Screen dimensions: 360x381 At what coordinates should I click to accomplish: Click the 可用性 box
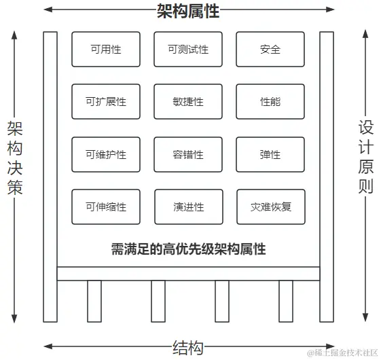coord(105,50)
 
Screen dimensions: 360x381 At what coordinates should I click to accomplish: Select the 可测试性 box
coord(188,50)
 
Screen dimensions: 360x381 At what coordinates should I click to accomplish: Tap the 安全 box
coord(270,50)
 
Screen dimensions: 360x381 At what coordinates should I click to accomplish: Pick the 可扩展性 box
coord(105,102)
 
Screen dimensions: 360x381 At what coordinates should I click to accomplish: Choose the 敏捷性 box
coord(188,102)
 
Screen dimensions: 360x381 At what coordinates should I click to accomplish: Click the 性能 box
coord(270,102)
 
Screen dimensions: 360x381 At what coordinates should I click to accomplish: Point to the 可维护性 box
coord(105,155)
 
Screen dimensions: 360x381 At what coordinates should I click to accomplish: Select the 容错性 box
coord(188,155)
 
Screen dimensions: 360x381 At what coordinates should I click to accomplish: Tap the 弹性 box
coord(270,155)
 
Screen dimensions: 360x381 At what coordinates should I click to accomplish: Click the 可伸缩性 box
coord(105,207)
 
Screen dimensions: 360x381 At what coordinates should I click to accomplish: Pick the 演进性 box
coord(188,207)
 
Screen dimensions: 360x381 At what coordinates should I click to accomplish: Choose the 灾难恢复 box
coord(270,207)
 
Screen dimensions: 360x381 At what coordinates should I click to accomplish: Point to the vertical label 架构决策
coord(15,158)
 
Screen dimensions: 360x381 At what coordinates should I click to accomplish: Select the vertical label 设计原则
coord(366,156)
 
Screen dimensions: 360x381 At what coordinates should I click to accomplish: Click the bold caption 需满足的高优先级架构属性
coord(188,249)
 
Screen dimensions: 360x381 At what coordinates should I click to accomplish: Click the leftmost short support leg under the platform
coord(94,301)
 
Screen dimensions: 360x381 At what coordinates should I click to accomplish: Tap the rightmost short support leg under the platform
coord(285,301)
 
